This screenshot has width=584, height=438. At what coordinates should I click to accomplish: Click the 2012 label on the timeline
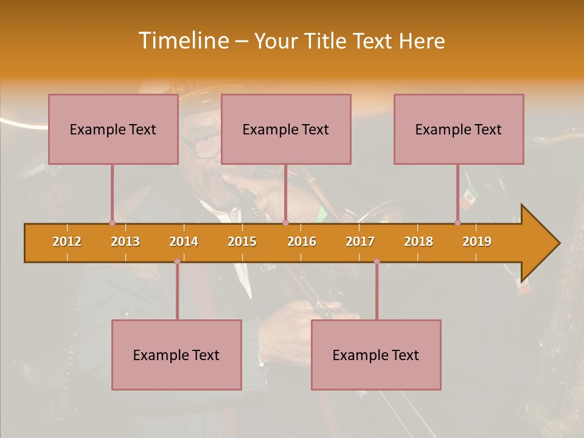[x=67, y=242]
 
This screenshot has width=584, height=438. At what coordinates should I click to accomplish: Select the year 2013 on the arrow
[x=125, y=242]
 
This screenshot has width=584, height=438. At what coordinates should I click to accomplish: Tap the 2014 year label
[x=184, y=242]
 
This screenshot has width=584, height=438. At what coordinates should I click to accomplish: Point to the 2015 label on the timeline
[x=242, y=242]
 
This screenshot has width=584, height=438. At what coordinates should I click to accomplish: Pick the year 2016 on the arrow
[x=302, y=242]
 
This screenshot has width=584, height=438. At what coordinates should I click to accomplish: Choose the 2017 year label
[x=360, y=242]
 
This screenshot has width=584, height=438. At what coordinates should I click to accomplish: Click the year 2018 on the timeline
[x=419, y=242]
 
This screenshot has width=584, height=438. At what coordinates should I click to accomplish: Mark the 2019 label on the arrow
[x=477, y=242]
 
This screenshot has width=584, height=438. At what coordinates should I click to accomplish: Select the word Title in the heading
[x=327, y=41]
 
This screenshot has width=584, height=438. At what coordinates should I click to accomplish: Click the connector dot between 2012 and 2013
[x=112, y=223]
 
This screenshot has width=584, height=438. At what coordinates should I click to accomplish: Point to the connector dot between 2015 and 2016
[x=285, y=223]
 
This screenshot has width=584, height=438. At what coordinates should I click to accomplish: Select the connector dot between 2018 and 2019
[x=458, y=223]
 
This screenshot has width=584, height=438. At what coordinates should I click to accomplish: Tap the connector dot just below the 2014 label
[x=177, y=262]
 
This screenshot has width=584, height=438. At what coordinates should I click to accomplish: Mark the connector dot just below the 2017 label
[x=377, y=262]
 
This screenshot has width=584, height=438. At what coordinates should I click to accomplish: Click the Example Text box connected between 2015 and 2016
[x=286, y=129]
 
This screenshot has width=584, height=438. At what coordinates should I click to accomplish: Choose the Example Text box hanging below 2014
[x=176, y=355]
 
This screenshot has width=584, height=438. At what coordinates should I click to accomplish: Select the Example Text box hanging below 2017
[x=376, y=355]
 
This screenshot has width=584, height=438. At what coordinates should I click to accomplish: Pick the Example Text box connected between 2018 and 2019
[x=459, y=129]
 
